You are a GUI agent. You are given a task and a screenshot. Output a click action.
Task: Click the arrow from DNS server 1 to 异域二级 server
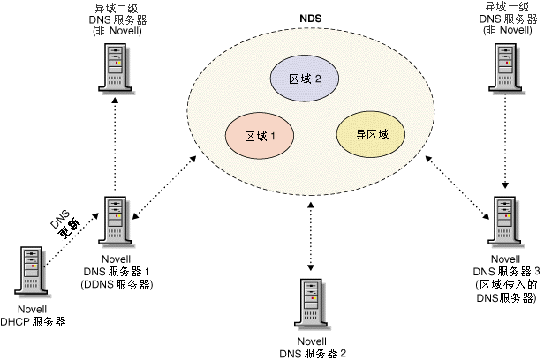tap(116, 141)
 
